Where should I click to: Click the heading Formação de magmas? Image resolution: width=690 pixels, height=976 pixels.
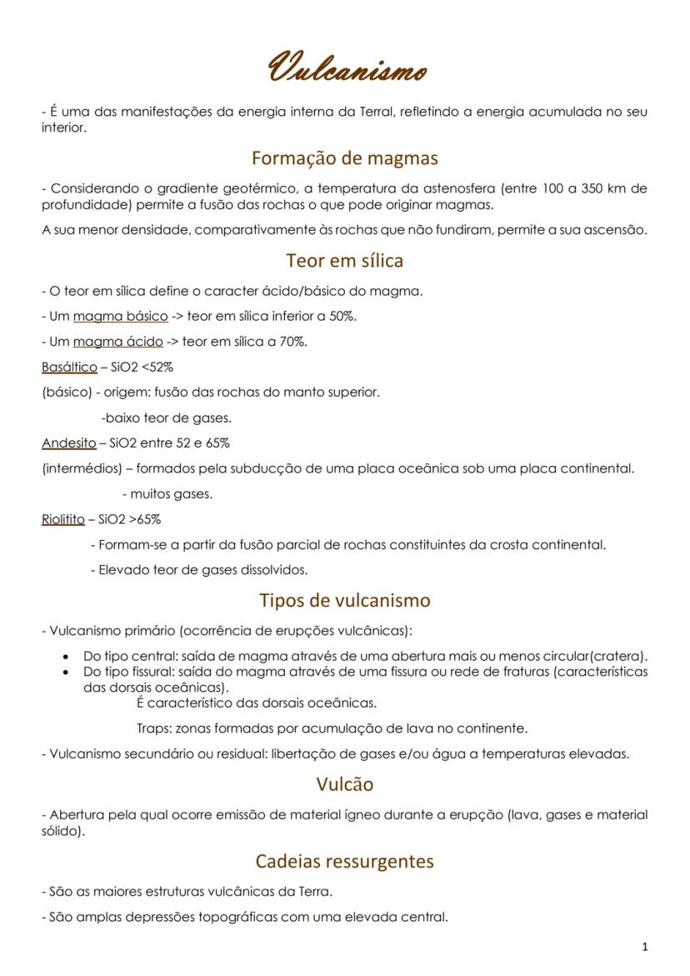click(x=344, y=158)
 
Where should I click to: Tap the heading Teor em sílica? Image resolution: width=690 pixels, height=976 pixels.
click(x=344, y=260)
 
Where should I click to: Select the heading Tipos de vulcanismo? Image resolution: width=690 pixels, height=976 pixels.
click(x=344, y=600)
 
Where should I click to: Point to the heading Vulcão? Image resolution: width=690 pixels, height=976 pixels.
click(x=344, y=784)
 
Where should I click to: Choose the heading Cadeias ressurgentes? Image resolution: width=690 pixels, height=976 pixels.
click(x=344, y=860)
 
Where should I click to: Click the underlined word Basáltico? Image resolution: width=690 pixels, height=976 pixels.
click(x=69, y=367)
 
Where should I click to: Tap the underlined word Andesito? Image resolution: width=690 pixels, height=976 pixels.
click(x=68, y=443)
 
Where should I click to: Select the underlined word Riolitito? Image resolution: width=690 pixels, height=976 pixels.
click(x=62, y=519)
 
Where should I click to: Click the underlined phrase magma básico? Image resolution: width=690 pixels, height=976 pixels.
click(x=120, y=316)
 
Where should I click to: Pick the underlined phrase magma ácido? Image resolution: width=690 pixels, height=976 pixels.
click(x=117, y=342)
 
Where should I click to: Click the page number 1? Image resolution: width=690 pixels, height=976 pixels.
click(x=645, y=947)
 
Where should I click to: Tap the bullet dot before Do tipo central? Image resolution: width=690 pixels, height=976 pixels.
click(x=67, y=657)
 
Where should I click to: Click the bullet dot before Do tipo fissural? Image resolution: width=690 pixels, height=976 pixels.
click(x=67, y=671)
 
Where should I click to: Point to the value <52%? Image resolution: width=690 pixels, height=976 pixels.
click(x=158, y=367)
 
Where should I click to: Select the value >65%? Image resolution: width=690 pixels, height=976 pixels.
click(x=145, y=519)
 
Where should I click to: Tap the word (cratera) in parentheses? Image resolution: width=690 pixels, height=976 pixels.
click(x=618, y=657)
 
